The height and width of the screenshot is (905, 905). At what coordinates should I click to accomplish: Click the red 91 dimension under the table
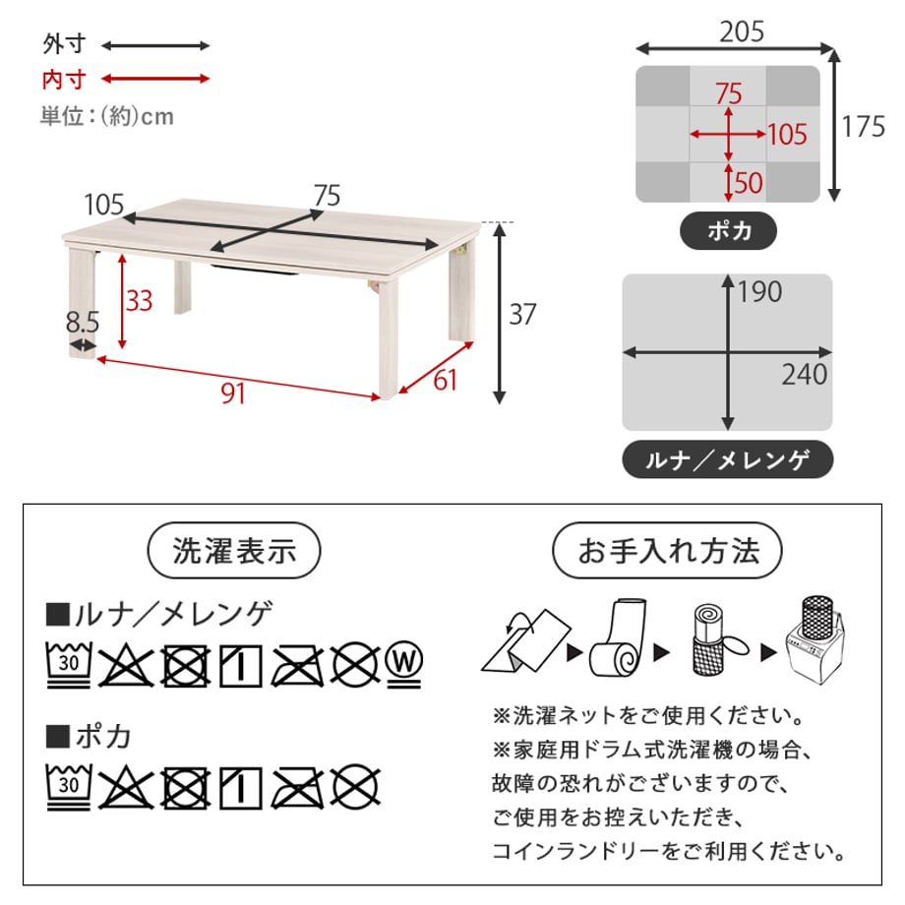coord(233,393)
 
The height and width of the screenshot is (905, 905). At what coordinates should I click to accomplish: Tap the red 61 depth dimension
coord(445,380)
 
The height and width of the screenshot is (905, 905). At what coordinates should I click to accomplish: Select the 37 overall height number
coord(523,314)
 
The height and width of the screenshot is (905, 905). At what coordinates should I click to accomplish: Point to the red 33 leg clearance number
coord(139,300)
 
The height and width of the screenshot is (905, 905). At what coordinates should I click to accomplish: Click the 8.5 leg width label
coord(83,322)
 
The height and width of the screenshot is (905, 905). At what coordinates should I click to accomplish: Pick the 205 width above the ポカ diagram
coord(742,31)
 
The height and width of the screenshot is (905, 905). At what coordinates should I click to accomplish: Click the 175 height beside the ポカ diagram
coord(864,126)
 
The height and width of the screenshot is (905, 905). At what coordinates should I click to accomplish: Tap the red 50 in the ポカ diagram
coord(749,182)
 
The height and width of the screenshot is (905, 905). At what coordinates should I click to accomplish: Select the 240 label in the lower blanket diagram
coord(805,374)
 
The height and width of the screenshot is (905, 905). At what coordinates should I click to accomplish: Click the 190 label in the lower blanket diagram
coord(760,291)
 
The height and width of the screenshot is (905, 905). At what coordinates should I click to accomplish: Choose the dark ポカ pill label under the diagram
coord(728,231)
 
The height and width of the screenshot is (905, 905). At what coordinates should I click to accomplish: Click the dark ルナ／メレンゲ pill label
coord(727,459)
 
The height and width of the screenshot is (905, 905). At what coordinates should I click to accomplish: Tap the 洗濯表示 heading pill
coord(234,550)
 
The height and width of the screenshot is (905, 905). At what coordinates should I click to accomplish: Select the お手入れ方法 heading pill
coord(667,550)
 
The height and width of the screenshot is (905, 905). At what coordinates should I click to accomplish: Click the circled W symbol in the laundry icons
coord(404,664)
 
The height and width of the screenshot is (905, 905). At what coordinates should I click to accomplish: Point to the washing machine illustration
coord(816,640)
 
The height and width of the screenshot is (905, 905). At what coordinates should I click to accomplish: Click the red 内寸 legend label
coord(64,79)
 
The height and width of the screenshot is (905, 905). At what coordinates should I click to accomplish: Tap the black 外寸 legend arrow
coord(155,45)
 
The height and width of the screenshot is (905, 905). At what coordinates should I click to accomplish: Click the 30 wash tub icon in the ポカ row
coord(69,787)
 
